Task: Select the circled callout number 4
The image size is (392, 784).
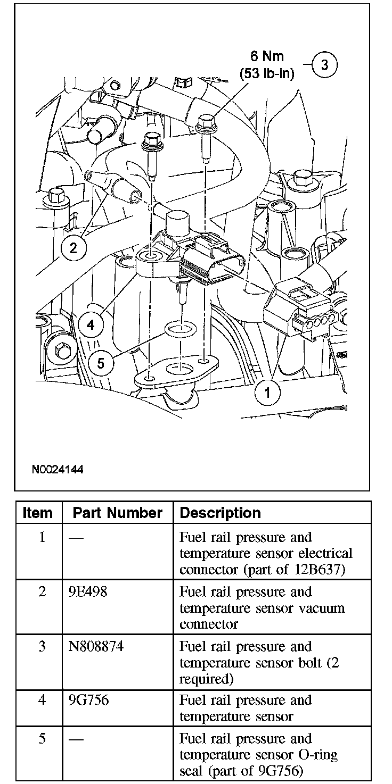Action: tap(91, 324)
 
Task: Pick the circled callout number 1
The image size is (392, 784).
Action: tap(268, 393)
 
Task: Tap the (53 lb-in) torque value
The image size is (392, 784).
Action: tap(267, 73)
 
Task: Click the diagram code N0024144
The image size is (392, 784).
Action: tap(58, 470)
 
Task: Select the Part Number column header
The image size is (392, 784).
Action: tap(117, 513)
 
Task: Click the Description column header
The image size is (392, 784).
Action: tap(220, 513)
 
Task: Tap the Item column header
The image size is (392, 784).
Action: tap(38, 513)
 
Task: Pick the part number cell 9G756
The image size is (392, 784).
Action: tap(88, 700)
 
